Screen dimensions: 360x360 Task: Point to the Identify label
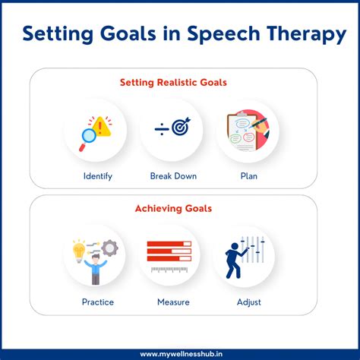[x=98, y=176]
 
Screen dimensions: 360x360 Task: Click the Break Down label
[x=173, y=176]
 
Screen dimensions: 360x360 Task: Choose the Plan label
[x=248, y=176]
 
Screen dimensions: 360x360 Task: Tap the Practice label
[x=98, y=302]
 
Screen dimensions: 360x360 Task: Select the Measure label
[x=173, y=302]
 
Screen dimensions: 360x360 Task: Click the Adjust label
[x=248, y=302]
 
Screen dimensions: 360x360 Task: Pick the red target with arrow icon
[x=181, y=128]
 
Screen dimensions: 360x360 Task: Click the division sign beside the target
[x=162, y=129]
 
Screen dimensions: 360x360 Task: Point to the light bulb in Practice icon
[x=77, y=248]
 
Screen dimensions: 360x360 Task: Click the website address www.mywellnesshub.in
[x=179, y=352]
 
